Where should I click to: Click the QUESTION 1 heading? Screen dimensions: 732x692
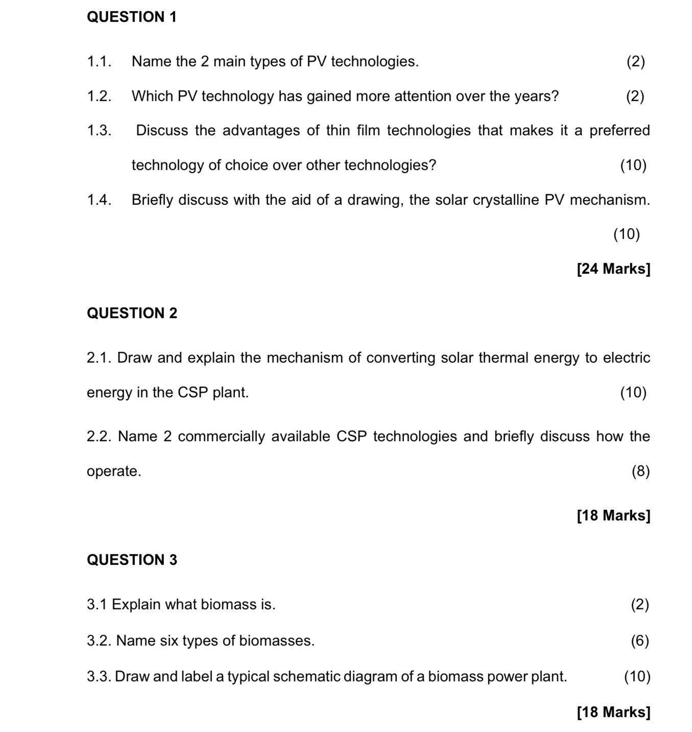(132, 17)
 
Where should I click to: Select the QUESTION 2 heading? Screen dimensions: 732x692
(132, 313)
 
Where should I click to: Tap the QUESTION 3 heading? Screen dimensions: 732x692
(132, 560)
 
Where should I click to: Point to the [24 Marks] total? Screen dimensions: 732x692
(613, 269)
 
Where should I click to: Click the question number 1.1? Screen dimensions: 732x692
(99, 62)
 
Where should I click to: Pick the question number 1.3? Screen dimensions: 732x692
(99, 131)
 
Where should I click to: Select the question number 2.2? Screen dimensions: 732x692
(99, 437)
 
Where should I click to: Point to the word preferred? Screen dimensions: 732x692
(619, 131)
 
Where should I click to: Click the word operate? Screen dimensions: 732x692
(113, 471)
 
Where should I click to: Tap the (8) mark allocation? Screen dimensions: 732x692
(640, 471)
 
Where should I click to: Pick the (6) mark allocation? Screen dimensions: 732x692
(640, 641)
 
